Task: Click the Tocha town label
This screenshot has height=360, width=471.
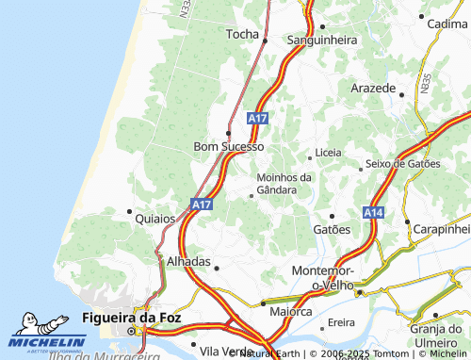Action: [241, 34]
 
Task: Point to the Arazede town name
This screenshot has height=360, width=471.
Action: [373, 87]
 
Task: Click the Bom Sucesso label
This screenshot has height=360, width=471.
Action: [229, 147]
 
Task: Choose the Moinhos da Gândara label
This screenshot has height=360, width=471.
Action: [284, 183]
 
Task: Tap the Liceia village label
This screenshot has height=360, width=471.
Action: [329, 152]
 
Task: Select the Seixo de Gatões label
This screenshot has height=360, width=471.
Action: [402, 163]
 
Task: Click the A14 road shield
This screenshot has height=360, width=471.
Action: [373, 212]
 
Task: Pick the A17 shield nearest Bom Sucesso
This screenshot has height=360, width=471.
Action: [259, 119]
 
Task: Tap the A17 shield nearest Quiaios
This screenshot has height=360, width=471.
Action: [200, 204]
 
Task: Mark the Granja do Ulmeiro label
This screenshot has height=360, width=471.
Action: [439, 335]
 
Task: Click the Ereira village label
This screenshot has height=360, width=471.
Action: [341, 322]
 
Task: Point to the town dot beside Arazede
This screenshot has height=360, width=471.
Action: [401, 94]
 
